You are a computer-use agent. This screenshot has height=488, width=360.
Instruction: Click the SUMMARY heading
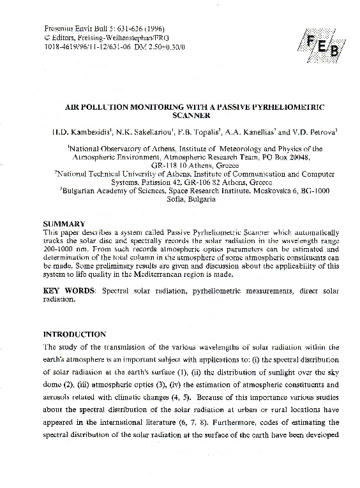[x=64, y=224]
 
